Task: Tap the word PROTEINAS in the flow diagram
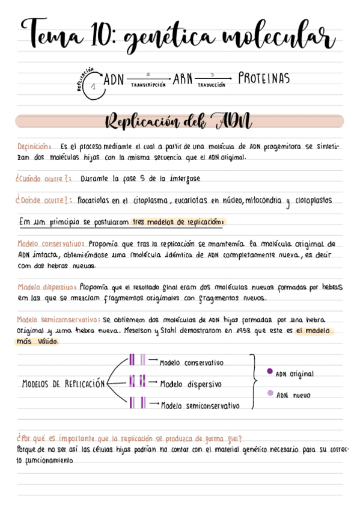pos(264,79)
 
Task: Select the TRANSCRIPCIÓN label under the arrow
pos(147,85)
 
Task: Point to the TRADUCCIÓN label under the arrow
pos(211,85)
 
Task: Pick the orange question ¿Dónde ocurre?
pos(44,200)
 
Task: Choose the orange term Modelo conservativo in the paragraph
pos(50,244)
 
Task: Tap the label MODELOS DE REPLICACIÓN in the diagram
pos(63,384)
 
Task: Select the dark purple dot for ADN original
pos(269,372)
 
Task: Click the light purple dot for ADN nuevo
pos(269,393)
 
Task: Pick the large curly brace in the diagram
pos(254,380)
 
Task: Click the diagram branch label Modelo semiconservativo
pos(200,406)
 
